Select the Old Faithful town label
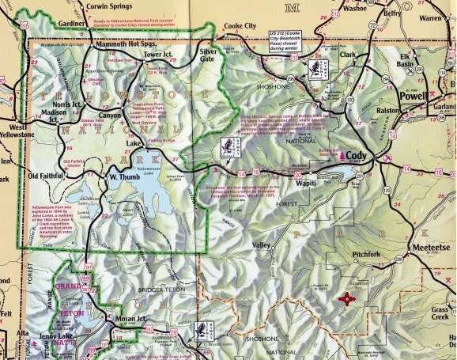pos(49,176)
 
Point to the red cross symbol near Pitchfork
pos(346,299)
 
